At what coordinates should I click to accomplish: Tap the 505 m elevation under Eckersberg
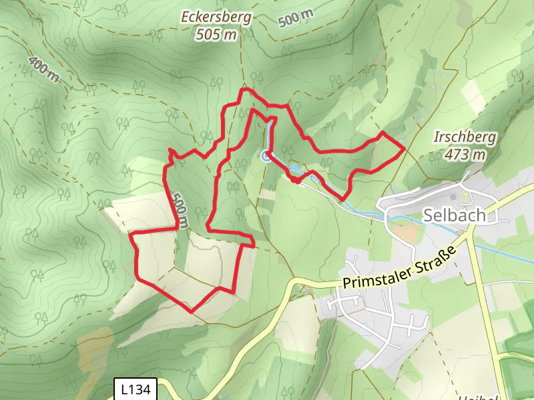coord(217,35)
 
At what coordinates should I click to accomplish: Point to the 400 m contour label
coord(43,69)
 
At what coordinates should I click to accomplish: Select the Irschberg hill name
coord(465,138)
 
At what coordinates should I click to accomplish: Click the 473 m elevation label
coord(465,155)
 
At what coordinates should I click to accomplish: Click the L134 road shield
coord(136,389)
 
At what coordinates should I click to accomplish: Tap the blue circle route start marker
coord(266,156)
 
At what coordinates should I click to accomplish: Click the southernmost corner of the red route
coord(192,311)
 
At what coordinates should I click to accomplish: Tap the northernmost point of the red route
coord(245,89)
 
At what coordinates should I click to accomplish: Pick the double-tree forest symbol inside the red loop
coord(234,187)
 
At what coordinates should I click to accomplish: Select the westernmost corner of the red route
coord(130,235)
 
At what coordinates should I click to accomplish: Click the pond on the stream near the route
coord(295,169)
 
